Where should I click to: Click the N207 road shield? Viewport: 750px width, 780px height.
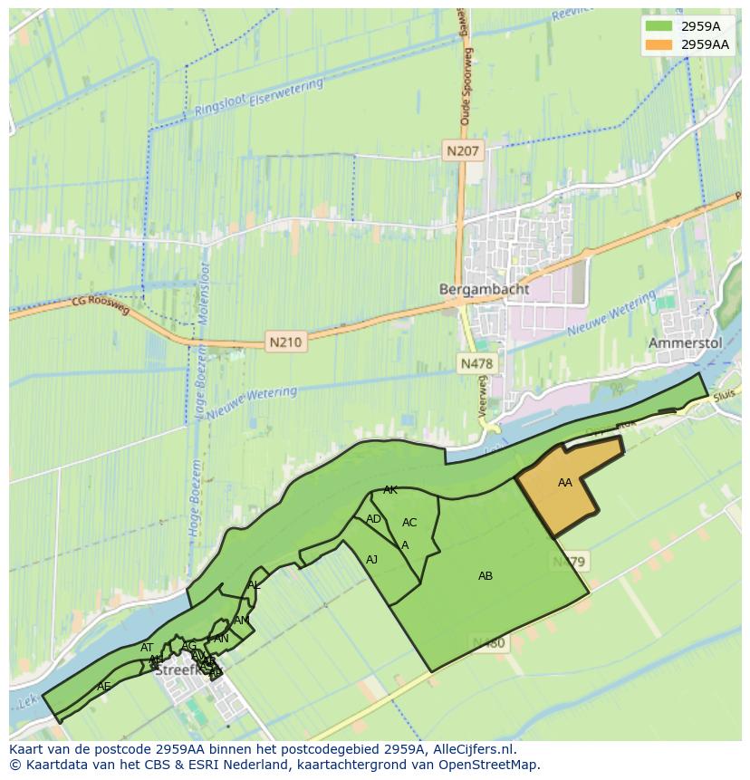pyautogui.click(x=464, y=151)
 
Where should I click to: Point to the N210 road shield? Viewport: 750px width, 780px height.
pyautogui.click(x=285, y=342)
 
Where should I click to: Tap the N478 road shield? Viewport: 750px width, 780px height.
pyautogui.click(x=476, y=363)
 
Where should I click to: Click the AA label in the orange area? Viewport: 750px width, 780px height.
pyautogui.click(x=565, y=483)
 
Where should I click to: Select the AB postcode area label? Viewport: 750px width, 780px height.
pyautogui.click(x=486, y=575)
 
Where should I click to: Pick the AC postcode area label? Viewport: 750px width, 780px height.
pyautogui.click(x=409, y=523)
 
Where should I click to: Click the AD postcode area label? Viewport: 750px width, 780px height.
pyautogui.click(x=373, y=519)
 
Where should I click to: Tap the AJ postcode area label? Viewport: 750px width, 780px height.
pyautogui.click(x=371, y=560)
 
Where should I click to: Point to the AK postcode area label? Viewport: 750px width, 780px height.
pyautogui.click(x=390, y=490)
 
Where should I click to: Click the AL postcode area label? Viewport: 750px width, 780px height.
pyautogui.click(x=254, y=585)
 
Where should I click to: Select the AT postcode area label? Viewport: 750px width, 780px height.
pyautogui.click(x=147, y=648)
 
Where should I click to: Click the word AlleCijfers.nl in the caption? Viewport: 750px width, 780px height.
pyautogui.click(x=471, y=750)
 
